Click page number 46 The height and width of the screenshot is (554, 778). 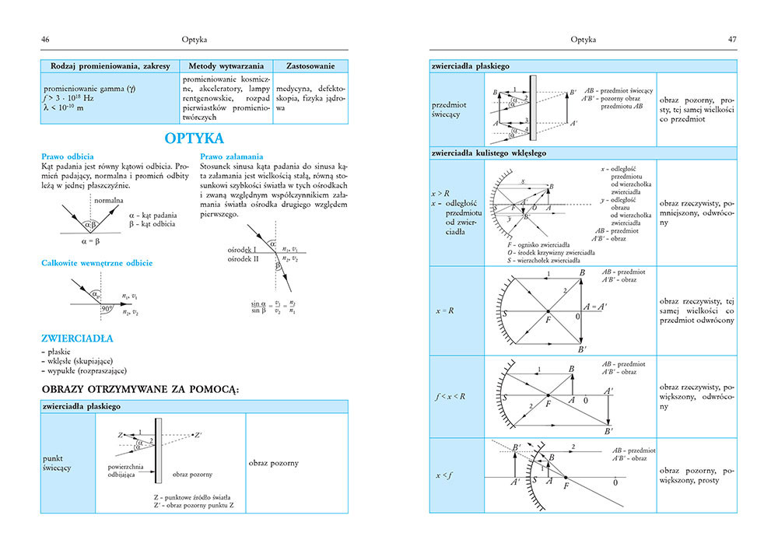46,39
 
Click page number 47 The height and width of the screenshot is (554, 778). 731,39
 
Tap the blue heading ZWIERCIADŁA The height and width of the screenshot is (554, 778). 77,338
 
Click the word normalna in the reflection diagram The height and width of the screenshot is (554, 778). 108,201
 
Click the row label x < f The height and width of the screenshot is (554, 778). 447,475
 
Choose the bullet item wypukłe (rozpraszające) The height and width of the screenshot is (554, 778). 87,370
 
